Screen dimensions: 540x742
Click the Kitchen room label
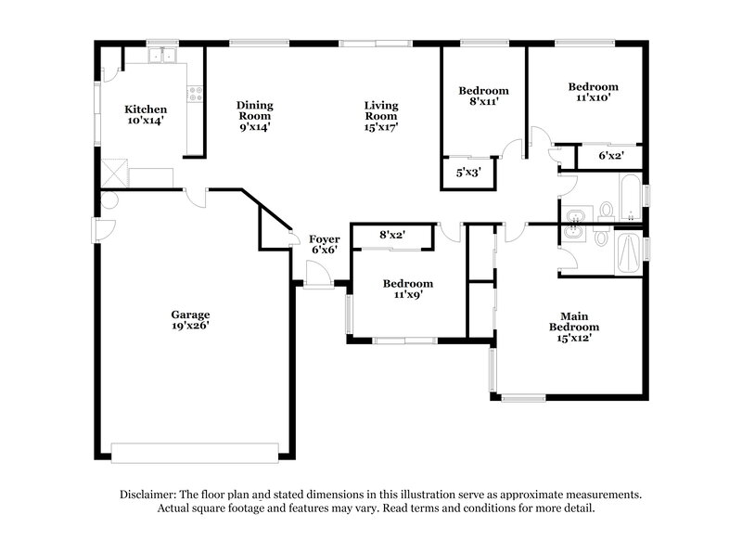[x=146, y=114]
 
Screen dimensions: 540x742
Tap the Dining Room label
[x=253, y=116]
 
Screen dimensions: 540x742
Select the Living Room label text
[x=380, y=116]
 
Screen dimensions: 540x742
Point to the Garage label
[x=189, y=319]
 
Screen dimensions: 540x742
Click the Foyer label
[x=324, y=244]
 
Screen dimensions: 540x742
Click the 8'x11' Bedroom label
[x=483, y=96]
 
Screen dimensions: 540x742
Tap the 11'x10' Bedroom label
[x=593, y=92]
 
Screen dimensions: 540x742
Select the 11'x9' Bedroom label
[x=407, y=289]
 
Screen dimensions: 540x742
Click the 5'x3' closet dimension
[x=468, y=172]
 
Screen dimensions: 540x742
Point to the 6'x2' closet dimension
[x=610, y=156]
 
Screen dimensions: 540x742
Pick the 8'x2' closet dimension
[x=393, y=236]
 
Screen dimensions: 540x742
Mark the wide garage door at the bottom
[x=194, y=452]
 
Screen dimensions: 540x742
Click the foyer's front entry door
[x=318, y=276]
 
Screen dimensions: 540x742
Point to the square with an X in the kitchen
[x=115, y=173]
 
